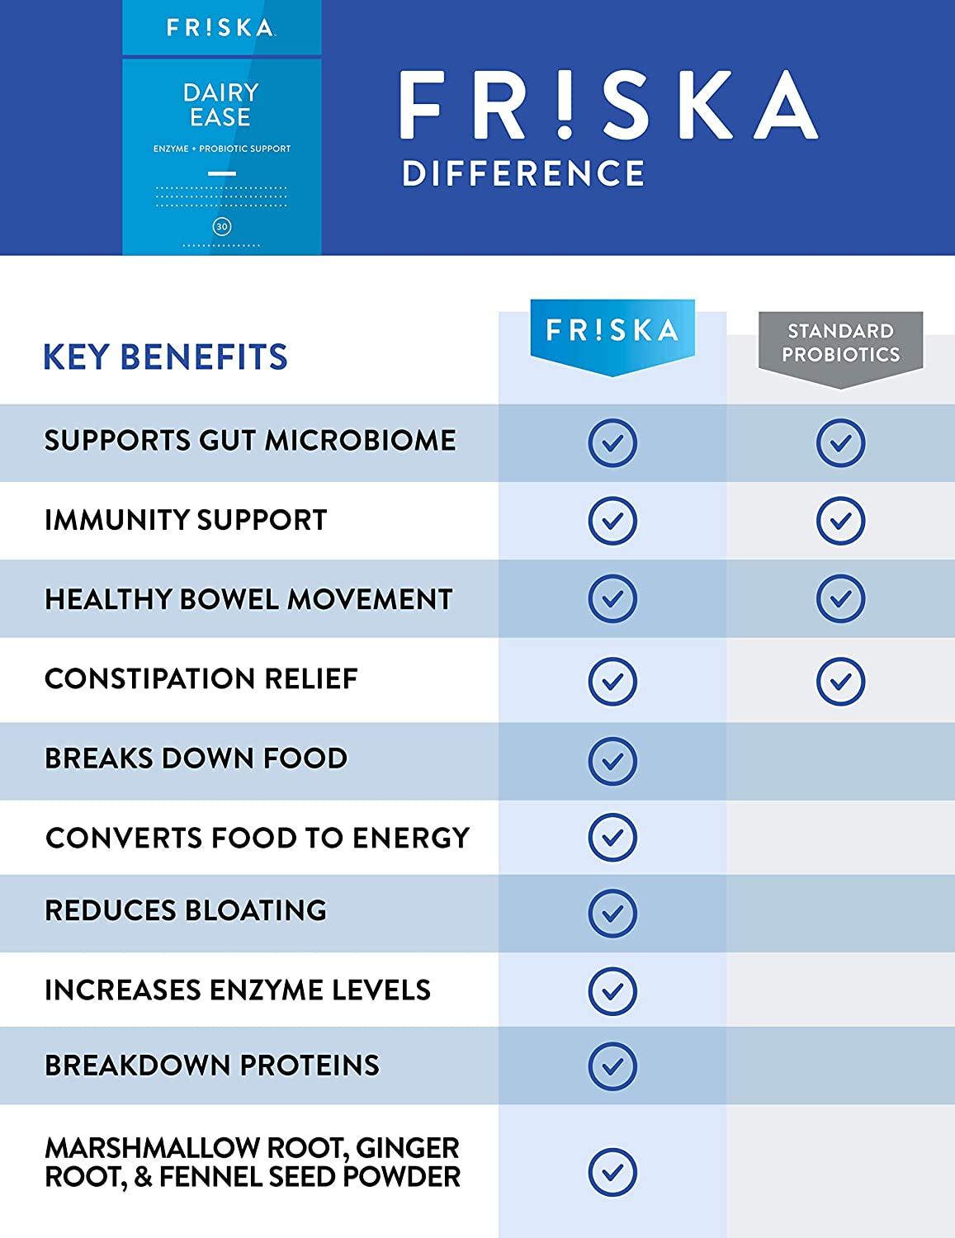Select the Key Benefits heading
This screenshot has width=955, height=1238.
tap(165, 357)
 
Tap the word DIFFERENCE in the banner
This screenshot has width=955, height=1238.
tap(523, 173)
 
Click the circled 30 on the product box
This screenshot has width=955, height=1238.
tap(221, 226)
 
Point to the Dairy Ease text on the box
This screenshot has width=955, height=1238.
tap(220, 104)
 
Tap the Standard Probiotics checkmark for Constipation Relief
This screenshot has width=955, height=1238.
tap(840, 681)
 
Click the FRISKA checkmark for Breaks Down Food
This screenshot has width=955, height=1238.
tap(612, 760)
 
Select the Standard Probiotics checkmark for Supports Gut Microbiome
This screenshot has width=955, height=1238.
tap(840, 443)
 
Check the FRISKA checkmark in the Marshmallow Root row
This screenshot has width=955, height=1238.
tap(612, 1171)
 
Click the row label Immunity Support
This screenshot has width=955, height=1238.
tap(186, 520)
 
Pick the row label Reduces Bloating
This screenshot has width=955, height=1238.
tap(186, 910)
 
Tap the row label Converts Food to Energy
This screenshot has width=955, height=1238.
tap(258, 838)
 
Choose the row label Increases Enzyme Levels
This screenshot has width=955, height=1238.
tap(238, 990)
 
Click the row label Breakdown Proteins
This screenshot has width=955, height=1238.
tap(212, 1066)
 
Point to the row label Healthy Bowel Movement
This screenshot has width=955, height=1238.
tap(248, 599)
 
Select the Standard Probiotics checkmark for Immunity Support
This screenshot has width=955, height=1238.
tap(840, 521)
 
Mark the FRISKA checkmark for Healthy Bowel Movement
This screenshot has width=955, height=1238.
tap(612, 598)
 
